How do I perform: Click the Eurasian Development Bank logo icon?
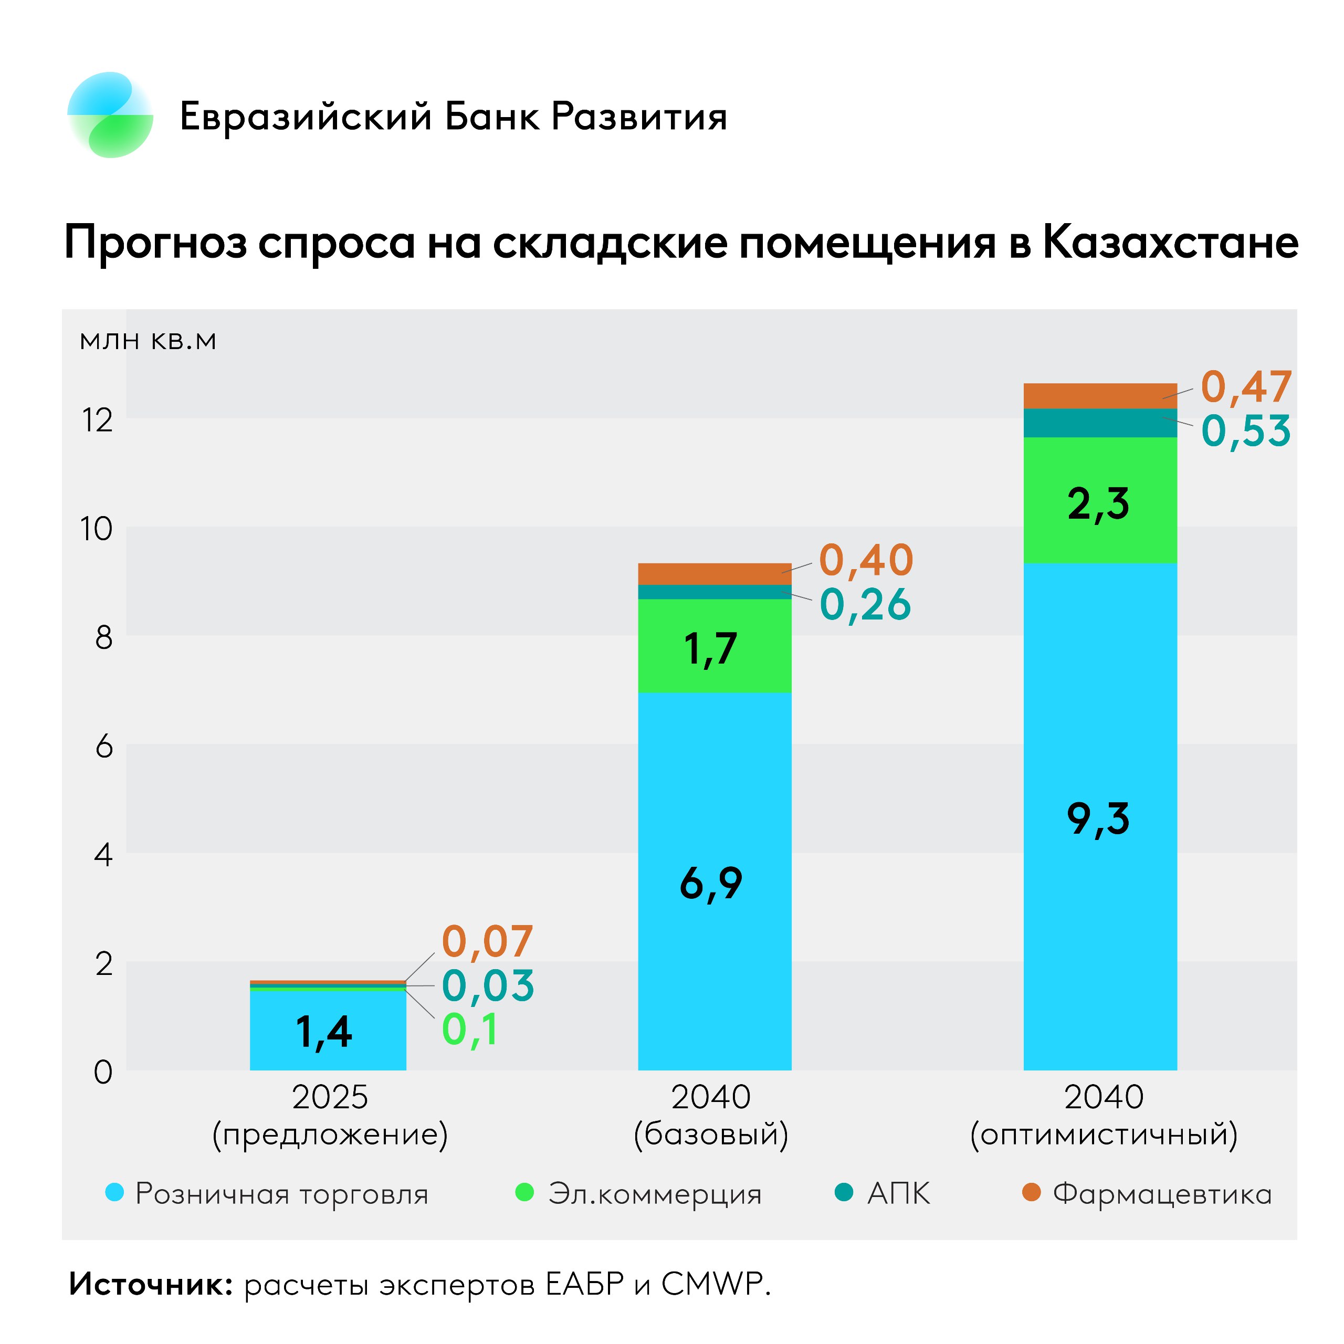coord(110,115)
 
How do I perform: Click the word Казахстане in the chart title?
coord(1170,243)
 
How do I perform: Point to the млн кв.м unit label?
coord(148,340)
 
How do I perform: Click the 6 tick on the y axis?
coord(103,747)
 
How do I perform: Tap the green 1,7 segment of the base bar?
coord(715,647)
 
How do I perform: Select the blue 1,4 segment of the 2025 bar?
coord(327,1031)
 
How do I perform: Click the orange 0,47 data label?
coord(1246,387)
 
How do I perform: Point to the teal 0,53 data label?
coord(1246,430)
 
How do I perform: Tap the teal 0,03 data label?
coord(488,986)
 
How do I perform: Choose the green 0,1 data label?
coord(470,1030)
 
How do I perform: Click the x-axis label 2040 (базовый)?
coord(711,1116)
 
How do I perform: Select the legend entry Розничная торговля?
coord(281,1194)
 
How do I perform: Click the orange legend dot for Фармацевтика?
coord(1031,1192)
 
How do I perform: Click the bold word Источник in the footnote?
coord(150,1284)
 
